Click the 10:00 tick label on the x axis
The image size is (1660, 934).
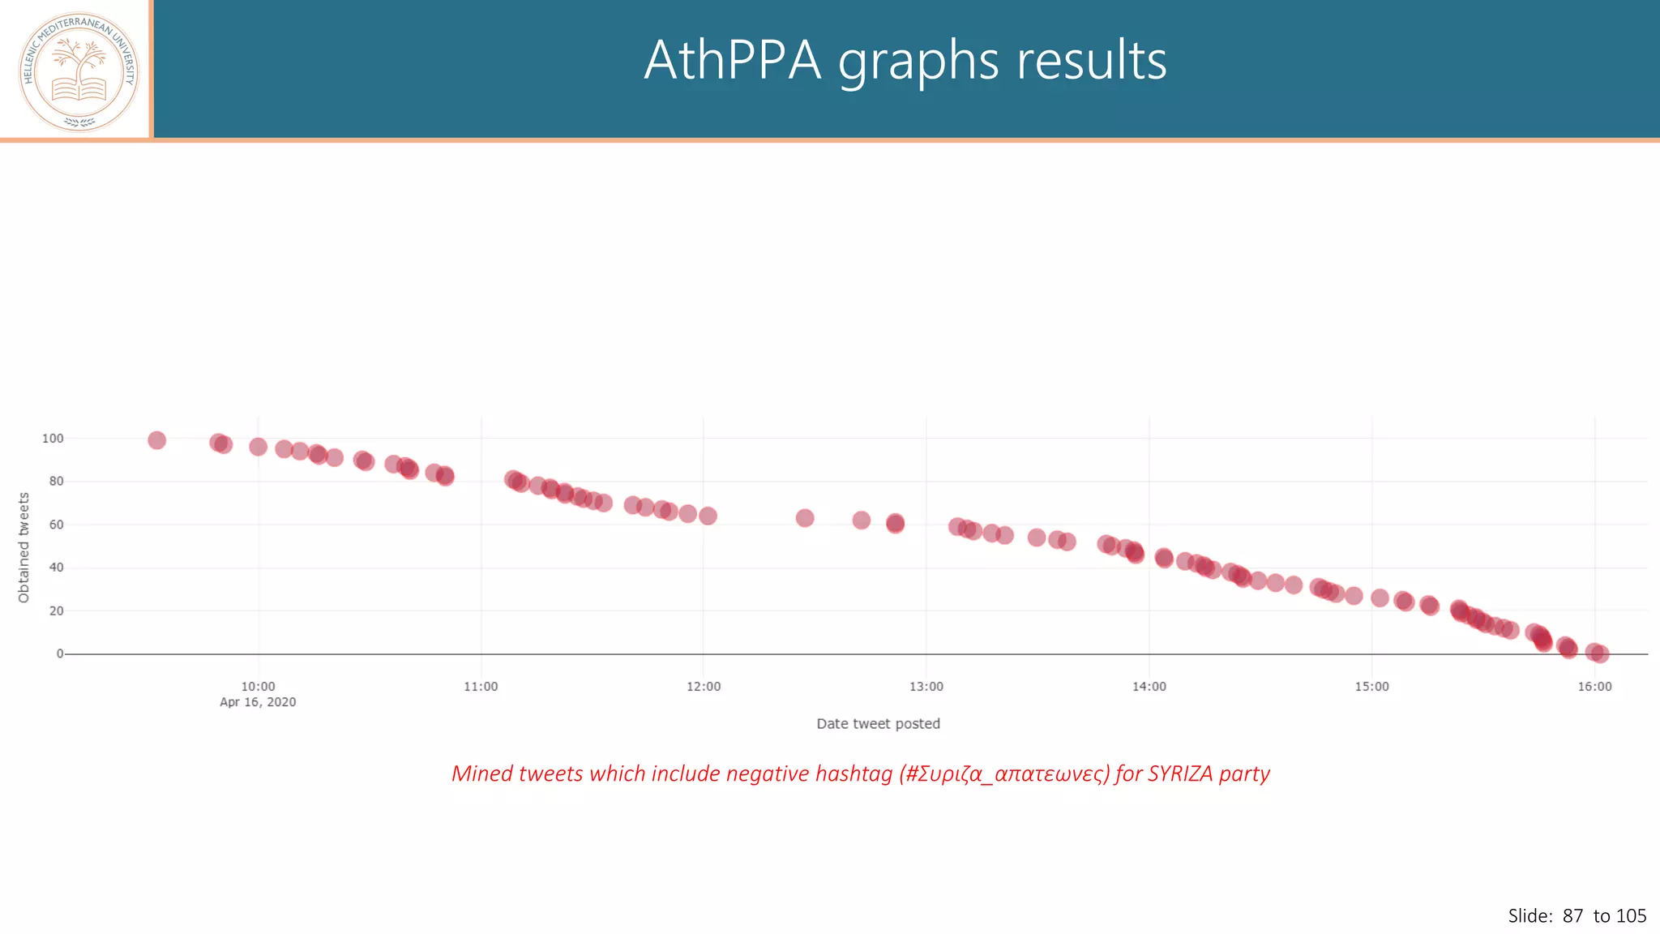(x=258, y=687)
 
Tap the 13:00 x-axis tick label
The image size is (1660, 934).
(x=926, y=687)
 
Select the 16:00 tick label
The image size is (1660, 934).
(x=1594, y=687)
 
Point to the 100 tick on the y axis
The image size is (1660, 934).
(x=53, y=439)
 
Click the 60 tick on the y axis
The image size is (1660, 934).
(x=56, y=525)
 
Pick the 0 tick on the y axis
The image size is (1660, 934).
(x=59, y=653)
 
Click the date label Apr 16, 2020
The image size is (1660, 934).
(x=258, y=702)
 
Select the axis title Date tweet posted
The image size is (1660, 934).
(x=878, y=724)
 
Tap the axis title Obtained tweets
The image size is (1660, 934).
(x=24, y=547)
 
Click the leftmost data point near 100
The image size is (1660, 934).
(x=156, y=440)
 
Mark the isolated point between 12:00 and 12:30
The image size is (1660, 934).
(x=804, y=518)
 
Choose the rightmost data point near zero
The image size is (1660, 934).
(x=1599, y=653)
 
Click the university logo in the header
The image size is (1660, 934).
(x=79, y=71)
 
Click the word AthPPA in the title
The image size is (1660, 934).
(x=732, y=61)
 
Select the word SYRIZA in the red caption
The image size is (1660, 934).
(x=1179, y=773)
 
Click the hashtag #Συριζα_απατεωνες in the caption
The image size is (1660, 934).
(x=1003, y=774)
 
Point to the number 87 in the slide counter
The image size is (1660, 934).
(x=1572, y=916)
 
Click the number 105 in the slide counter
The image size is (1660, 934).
(x=1631, y=916)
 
